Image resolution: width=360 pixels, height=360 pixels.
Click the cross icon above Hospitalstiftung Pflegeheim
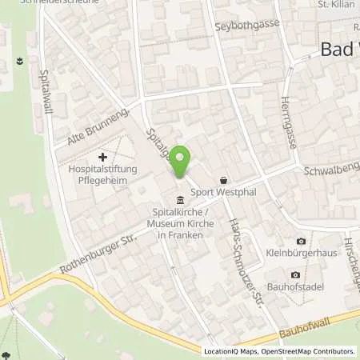coord(102,158)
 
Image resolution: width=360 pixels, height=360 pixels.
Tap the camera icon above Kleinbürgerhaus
coord(301,242)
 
